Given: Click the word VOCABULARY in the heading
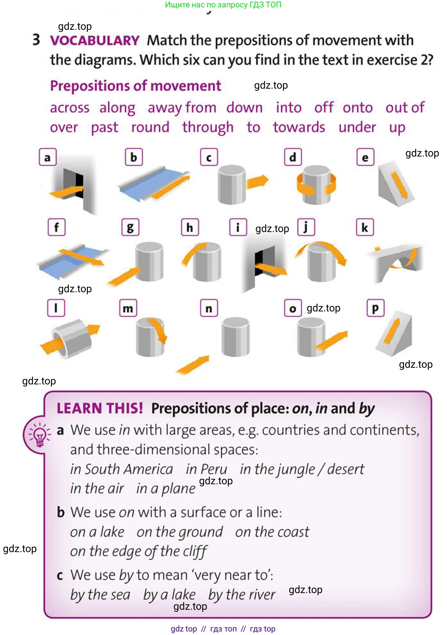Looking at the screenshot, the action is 95,41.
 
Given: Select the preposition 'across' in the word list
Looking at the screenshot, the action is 70,108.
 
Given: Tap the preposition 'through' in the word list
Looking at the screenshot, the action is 208,127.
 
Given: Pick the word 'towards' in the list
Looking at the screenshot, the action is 299,127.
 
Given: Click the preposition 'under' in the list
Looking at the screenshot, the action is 357,127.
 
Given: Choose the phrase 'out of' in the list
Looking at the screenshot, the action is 405,108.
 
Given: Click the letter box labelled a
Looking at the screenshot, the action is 48,157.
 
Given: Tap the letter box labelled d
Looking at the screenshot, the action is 293,157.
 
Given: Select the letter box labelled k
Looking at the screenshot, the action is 365,227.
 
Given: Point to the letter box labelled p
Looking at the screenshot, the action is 375,308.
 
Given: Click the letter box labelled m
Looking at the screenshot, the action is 128,308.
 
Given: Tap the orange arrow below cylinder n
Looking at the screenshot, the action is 193,365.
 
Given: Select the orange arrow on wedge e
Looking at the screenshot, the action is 399,184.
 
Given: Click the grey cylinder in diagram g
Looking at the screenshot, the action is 150,262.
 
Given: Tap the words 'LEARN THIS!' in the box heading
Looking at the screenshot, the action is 100,408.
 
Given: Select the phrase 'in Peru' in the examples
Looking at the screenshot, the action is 207,469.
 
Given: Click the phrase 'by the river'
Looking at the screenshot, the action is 242,595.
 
